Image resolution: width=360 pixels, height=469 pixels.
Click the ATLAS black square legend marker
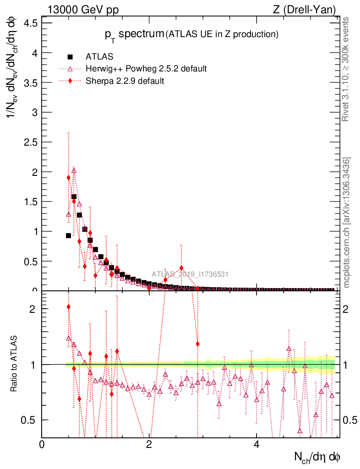70,57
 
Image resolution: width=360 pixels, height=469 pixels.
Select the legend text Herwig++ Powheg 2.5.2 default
146,69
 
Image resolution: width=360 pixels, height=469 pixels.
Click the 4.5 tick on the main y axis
29,23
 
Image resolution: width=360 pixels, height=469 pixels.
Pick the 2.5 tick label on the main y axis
29,142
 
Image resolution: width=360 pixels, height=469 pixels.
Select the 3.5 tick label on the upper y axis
29,82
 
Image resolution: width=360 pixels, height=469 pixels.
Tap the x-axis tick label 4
256,444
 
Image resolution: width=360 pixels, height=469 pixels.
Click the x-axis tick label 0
42,444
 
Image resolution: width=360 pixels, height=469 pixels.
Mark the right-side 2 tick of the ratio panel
344,309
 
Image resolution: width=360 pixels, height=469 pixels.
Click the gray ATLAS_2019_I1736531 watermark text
190,274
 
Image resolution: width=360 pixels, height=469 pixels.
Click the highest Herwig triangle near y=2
74,170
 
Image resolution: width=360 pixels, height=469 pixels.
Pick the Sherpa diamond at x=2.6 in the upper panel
181,268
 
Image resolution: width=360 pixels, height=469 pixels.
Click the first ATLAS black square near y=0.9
69,235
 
